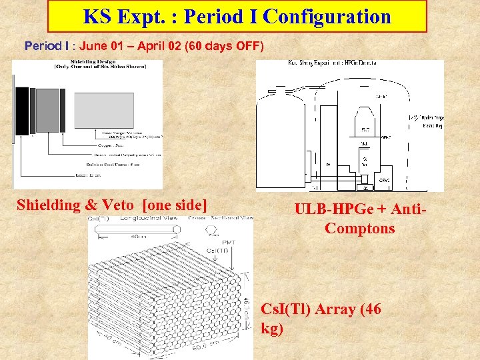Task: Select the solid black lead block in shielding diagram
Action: pyautogui.click(x=22, y=110)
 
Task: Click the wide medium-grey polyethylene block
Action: pyautogui.click(x=47, y=110)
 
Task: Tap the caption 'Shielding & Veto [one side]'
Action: pyautogui.click(x=112, y=205)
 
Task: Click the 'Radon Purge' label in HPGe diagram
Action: pyautogui.click(x=429, y=118)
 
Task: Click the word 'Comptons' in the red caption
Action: pyautogui.click(x=360, y=229)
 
